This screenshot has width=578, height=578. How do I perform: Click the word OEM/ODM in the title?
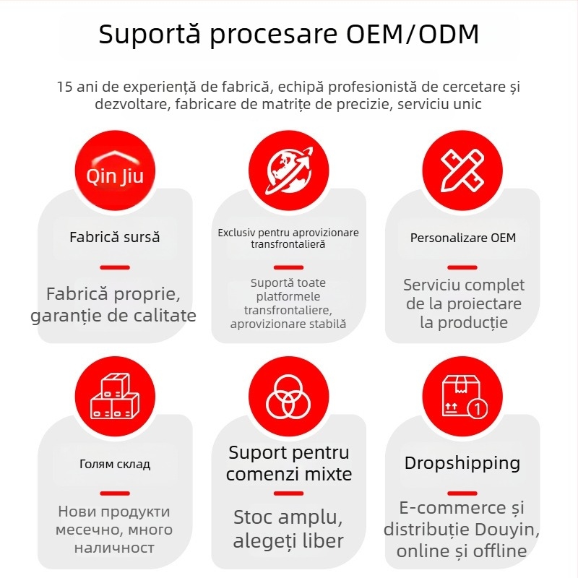pos(413,34)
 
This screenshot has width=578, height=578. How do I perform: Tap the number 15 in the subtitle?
pos(64,87)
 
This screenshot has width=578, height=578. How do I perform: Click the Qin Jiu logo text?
pos(115,176)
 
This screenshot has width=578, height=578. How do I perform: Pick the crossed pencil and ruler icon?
pos(462,171)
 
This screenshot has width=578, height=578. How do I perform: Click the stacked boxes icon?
pos(115,396)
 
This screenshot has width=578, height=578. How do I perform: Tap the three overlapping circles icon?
pos(288,397)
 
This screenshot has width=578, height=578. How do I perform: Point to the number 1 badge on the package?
pos(478,408)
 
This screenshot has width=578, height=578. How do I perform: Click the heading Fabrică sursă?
pos(115,237)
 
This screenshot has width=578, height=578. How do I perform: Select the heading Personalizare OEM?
pos(463,238)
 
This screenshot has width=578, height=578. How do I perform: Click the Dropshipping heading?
pos(462,463)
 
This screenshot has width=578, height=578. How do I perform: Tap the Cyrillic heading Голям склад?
pos(115,464)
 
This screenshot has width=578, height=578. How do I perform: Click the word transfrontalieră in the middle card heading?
pos(288,244)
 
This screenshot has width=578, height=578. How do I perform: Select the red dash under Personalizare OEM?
pos(462,267)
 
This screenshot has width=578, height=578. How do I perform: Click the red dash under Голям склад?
pos(115,493)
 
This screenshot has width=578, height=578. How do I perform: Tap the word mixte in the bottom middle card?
pos(326,474)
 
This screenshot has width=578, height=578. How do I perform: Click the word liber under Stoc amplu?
pos(323,540)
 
